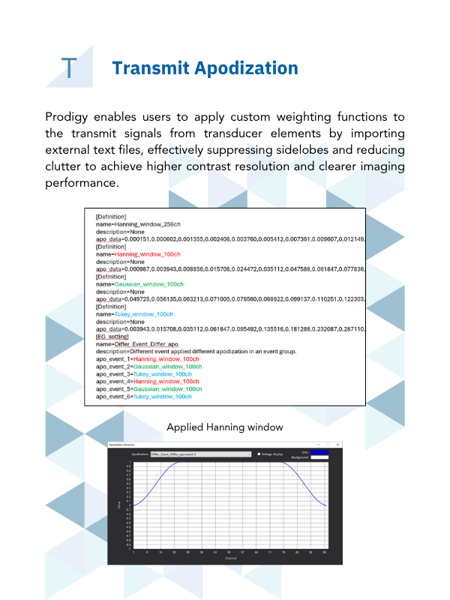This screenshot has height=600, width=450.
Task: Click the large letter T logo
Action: click(69, 68)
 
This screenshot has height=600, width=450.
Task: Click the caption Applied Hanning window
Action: click(224, 427)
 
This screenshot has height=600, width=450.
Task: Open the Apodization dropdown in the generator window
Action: click(201, 454)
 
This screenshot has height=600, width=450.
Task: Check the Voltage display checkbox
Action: click(259, 454)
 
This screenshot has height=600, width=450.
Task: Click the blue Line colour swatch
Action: click(319, 451)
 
